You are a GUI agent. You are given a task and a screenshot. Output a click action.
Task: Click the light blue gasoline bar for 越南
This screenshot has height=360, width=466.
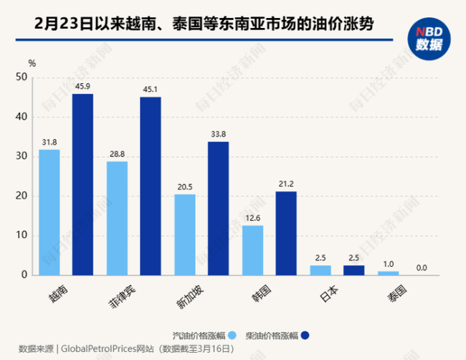click(49, 212)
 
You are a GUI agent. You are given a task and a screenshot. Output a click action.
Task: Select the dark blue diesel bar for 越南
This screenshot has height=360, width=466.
click(82, 184)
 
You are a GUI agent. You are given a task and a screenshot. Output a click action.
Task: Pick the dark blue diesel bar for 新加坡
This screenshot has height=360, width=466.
click(218, 208)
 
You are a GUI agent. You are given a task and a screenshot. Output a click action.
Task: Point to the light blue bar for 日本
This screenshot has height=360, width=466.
click(320, 270)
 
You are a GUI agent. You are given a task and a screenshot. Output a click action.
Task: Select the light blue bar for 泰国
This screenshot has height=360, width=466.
click(388, 273)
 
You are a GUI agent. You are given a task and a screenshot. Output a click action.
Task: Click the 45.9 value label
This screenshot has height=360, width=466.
click(82, 87)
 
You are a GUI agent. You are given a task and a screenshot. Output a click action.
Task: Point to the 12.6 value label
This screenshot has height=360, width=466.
click(252, 219)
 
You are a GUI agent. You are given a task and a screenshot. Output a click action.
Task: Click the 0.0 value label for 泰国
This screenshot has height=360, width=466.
click(422, 268)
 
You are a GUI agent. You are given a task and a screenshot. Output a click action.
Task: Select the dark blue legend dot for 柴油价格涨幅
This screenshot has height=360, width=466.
click(304, 334)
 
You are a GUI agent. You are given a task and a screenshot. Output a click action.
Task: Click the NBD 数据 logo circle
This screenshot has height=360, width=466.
click(429, 38)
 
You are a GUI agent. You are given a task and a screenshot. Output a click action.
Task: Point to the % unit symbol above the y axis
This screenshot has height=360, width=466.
click(32, 62)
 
